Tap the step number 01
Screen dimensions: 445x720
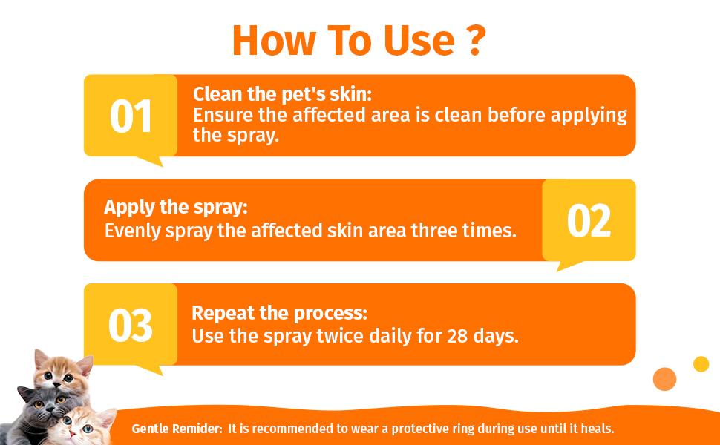[x=131, y=117]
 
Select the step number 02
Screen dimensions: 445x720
[x=589, y=221]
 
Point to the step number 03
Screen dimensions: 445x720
[x=131, y=326]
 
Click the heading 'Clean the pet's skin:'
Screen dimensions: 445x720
[x=282, y=95]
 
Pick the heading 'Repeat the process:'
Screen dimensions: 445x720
[x=280, y=312]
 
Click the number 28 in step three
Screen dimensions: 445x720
[x=456, y=336]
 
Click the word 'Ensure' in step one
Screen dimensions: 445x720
[x=220, y=116]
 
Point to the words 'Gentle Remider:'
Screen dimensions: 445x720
[x=177, y=429]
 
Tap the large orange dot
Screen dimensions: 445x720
[x=664, y=378]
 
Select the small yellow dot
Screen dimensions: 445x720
[x=701, y=364]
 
